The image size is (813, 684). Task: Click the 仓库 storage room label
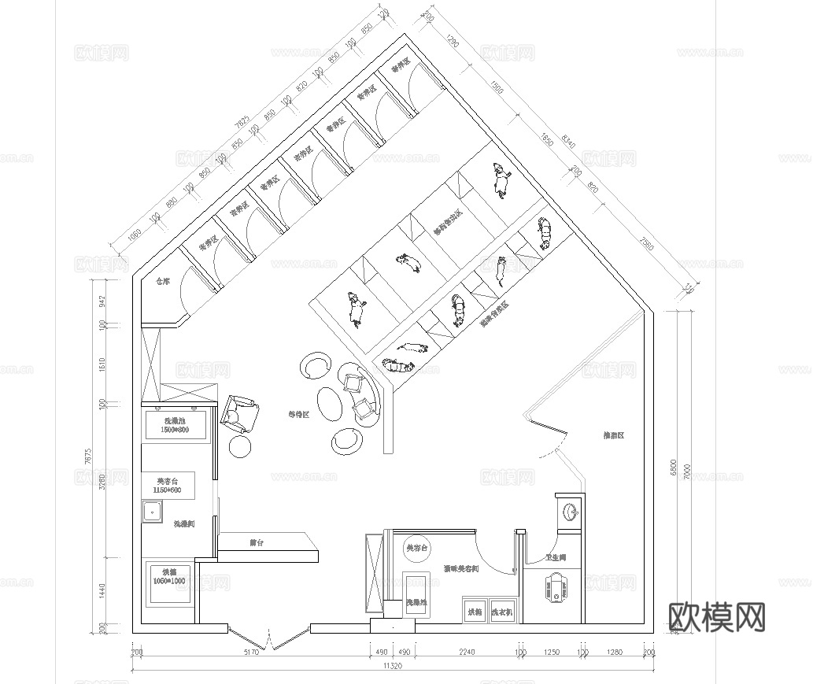click(x=163, y=281)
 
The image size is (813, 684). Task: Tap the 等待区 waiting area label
click(x=298, y=414)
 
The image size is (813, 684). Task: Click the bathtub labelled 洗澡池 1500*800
click(x=176, y=426)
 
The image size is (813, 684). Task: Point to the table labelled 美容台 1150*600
click(x=168, y=485)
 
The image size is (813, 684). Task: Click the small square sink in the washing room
click(x=151, y=512)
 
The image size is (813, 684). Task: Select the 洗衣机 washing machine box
click(x=501, y=611)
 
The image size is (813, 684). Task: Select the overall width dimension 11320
click(x=392, y=666)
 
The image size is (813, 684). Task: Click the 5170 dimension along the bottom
click(x=251, y=653)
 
